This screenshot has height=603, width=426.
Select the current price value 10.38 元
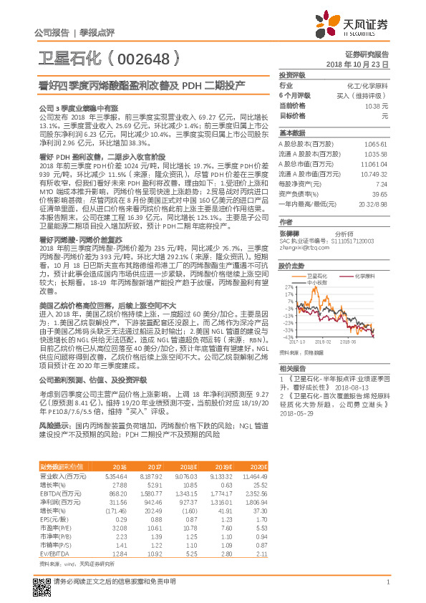377,105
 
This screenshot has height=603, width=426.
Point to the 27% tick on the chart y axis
289,286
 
